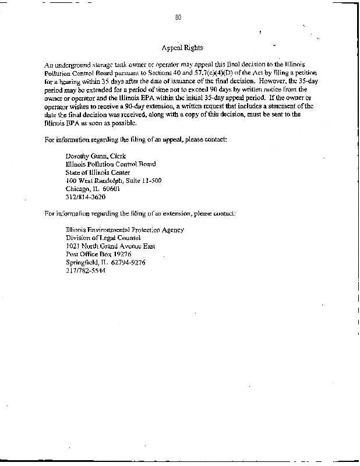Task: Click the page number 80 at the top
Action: (178, 18)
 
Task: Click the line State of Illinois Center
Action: (98, 172)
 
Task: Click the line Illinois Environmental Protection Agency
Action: (125, 230)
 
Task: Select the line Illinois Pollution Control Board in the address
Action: (111, 164)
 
